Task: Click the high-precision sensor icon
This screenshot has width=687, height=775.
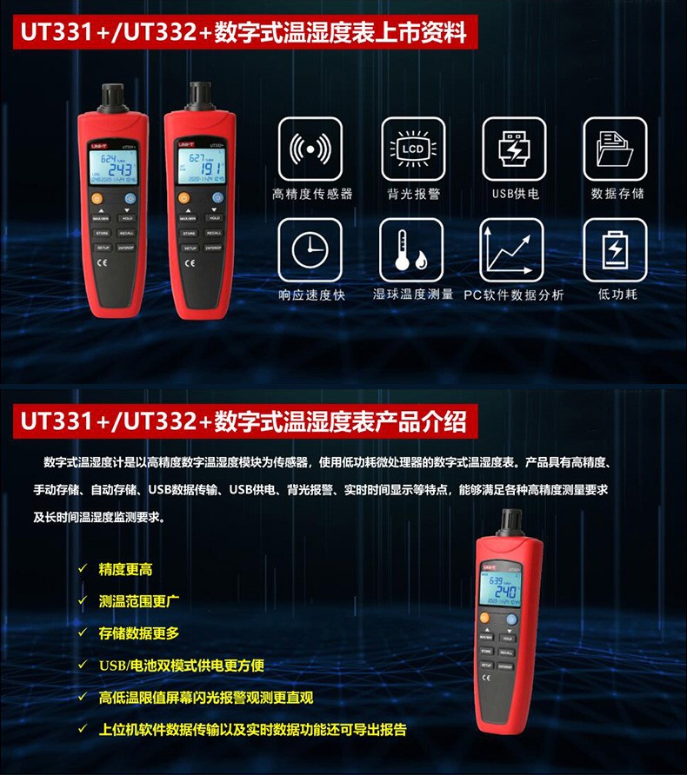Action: (310, 149)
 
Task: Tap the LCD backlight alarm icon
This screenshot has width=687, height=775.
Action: (413, 149)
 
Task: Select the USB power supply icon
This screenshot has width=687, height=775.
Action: (514, 149)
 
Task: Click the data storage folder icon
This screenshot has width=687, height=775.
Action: (615, 149)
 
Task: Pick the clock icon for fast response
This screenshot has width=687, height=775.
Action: (310, 249)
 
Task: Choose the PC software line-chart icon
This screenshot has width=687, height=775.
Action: (514, 249)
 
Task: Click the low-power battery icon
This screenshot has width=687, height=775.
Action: (615, 249)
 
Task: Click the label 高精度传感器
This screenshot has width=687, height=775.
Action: (313, 194)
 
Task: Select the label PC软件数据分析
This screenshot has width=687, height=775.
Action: (513, 295)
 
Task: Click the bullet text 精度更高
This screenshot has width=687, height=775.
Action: (126, 569)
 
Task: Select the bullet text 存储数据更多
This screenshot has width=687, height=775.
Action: (139, 633)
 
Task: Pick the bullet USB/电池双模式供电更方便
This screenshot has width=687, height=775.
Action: (182, 665)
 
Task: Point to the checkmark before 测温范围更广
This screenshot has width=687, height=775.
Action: (83, 600)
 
